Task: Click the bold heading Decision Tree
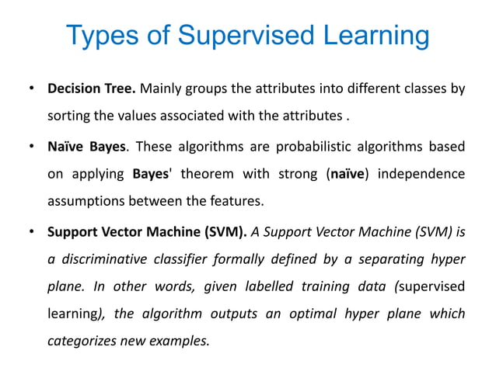(90, 88)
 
